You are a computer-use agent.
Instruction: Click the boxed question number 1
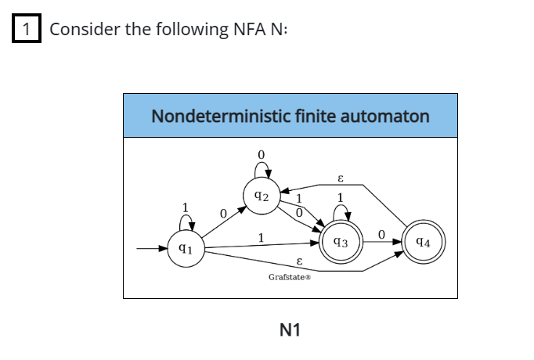27,30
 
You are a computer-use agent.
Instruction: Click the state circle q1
184,250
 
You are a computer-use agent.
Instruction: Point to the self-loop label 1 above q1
185,207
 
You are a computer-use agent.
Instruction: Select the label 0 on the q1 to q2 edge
223,212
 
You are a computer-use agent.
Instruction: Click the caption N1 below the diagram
290,330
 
